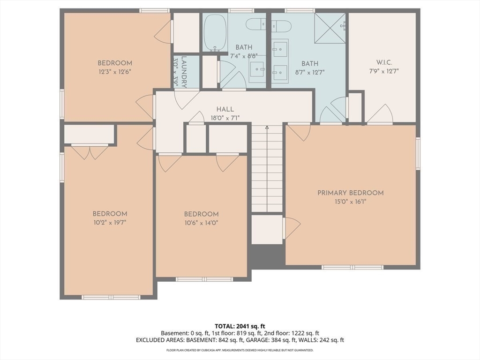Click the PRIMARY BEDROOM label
click(x=350, y=193)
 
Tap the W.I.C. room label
click(x=384, y=62)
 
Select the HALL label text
click(x=225, y=109)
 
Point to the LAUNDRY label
click(x=184, y=72)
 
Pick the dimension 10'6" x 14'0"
click(x=201, y=223)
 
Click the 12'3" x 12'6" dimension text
click(x=115, y=72)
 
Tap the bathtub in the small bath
click(x=215, y=32)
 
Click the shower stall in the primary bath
click(x=330, y=29)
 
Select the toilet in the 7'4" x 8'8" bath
click(x=256, y=24)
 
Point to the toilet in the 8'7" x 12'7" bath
click(x=281, y=26)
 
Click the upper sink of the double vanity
click(x=280, y=49)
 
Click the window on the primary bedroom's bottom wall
click(x=352, y=267)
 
